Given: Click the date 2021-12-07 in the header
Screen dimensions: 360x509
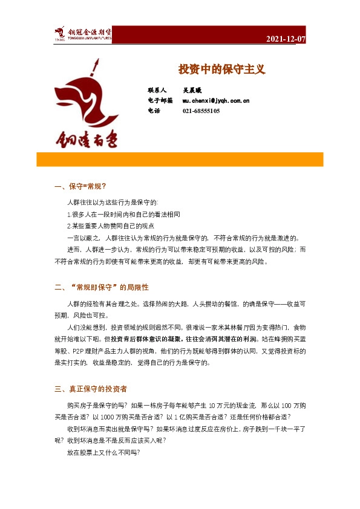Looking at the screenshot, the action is point(286,39).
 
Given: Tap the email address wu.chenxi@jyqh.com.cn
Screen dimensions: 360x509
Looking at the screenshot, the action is point(216,100).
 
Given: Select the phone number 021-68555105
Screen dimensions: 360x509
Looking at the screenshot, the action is point(201,111).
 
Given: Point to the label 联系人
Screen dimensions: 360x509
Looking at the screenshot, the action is point(157,89).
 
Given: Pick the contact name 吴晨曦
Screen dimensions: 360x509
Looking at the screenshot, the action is point(193,89).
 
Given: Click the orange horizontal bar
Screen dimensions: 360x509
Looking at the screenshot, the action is point(180,159).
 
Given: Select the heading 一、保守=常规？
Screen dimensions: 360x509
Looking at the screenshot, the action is point(80,186).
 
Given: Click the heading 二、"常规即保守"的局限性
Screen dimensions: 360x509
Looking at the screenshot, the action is point(101,287).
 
